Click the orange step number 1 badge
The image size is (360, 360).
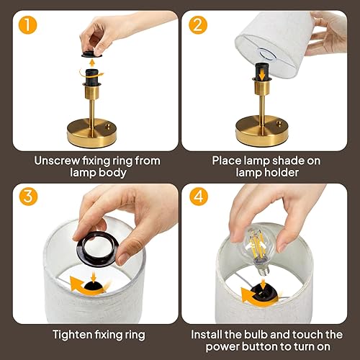click(x=28, y=24)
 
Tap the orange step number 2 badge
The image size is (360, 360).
click(x=198, y=24)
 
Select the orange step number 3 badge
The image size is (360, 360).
click(x=28, y=197)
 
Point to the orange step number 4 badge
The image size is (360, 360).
click(x=199, y=197)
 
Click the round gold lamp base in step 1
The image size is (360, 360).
click(x=91, y=132)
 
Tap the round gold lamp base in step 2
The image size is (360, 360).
click(x=262, y=131)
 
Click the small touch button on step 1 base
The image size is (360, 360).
click(x=109, y=126)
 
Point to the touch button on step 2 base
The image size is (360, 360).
click(x=279, y=124)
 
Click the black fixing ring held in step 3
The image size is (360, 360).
click(x=99, y=250)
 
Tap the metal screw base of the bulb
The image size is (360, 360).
click(x=263, y=269)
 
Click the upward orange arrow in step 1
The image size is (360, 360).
click(x=92, y=63)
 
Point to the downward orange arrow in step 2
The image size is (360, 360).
click(x=262, y=75)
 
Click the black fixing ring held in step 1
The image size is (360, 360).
click(x=92, y=55)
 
